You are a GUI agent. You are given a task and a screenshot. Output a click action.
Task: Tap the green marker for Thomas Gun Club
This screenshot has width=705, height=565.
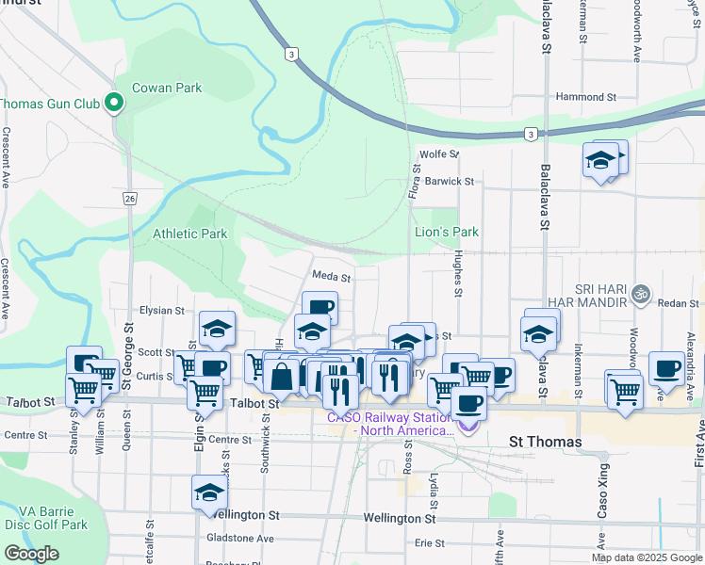tap(115, 103)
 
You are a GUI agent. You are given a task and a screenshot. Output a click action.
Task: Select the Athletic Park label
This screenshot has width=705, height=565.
tap(190, 234)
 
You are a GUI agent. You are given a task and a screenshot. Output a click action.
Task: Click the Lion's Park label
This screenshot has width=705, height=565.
tap(447, 232)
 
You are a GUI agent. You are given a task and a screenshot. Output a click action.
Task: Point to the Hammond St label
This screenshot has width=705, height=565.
tap(585, 97)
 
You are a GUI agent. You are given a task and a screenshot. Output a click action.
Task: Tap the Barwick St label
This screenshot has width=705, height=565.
tap(449, 181)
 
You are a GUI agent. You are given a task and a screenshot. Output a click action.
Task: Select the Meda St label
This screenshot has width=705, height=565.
tap(332, 278)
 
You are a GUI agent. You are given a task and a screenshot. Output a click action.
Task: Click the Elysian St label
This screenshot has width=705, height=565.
tap(161, 310)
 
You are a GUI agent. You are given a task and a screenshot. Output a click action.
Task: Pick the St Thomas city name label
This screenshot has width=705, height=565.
tap(545, 441)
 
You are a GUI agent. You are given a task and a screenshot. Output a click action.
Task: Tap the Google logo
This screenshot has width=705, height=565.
tap(31, 554)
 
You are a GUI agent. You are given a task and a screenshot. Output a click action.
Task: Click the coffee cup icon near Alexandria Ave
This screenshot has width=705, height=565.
tap(666, 368)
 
